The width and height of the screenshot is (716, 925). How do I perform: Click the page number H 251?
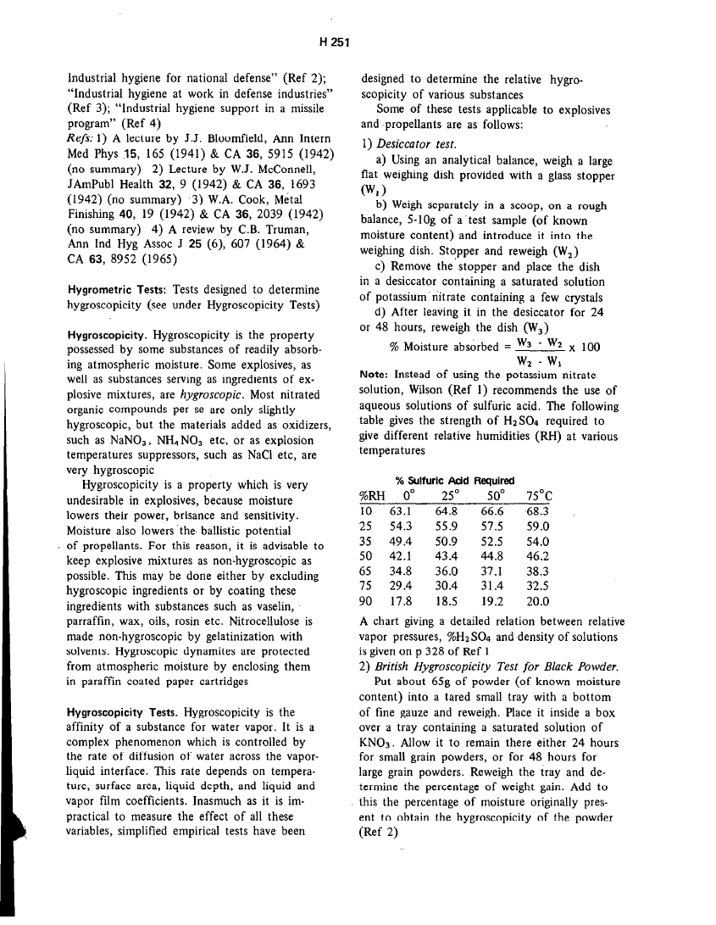[x=336, y=40]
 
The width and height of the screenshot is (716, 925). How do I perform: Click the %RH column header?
[x=373, y=495]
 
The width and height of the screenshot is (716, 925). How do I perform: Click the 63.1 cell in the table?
[x=400, y=511]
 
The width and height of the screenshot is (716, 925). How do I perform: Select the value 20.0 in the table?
[x=537, y=602]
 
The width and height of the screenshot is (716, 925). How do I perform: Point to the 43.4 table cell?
[x=446, y=556]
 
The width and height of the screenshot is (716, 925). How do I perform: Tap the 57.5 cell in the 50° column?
[x=491, y=526]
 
